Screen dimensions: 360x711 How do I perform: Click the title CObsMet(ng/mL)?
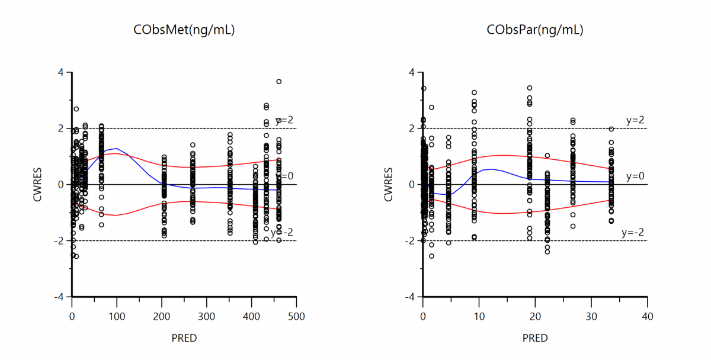coord(184,30)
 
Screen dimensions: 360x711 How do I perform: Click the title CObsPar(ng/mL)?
coord(535,30)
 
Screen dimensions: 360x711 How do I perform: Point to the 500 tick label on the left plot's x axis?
coord(297,317)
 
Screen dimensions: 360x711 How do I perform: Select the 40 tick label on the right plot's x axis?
coord(648,317)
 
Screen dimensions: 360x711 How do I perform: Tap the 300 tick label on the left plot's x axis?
coord(207,317)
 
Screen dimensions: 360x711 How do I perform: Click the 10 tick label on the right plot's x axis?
coord(479,317)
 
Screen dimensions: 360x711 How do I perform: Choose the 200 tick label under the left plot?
coord(162,317)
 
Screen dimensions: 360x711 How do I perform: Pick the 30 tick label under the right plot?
coord(591,317)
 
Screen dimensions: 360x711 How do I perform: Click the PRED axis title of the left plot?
coord(184,338)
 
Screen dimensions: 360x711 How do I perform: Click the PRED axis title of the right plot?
coord(535,338)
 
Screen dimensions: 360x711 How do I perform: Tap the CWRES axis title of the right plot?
coord(389,185)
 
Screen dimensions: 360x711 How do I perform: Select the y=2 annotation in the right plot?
coord(635,120)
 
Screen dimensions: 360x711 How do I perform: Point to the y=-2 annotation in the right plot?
coord(633,233)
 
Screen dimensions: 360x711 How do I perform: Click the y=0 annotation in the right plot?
coord(635,176)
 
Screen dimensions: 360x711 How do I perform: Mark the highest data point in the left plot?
coord(279,82)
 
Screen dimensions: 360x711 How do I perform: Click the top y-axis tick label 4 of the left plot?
coord(61,72)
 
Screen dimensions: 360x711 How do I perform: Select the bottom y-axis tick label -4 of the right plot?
coord(410,297)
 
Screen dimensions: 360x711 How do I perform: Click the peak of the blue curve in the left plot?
coord(117,149)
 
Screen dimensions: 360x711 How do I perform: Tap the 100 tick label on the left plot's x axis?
coord(117,317)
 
